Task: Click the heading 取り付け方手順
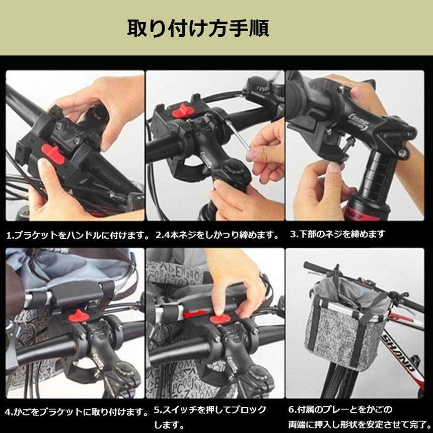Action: coord(197,28)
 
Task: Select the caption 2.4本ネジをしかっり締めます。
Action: coord(217,235)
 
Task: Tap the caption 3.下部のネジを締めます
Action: coord(338,234)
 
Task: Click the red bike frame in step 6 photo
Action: coord(403,352)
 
